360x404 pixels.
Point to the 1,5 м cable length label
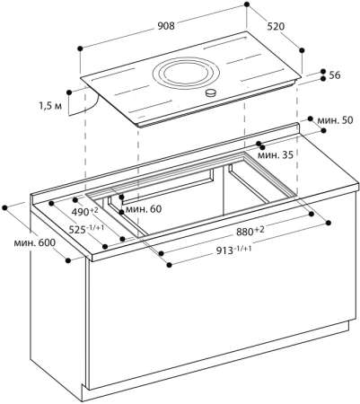click(x=52, y=106)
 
